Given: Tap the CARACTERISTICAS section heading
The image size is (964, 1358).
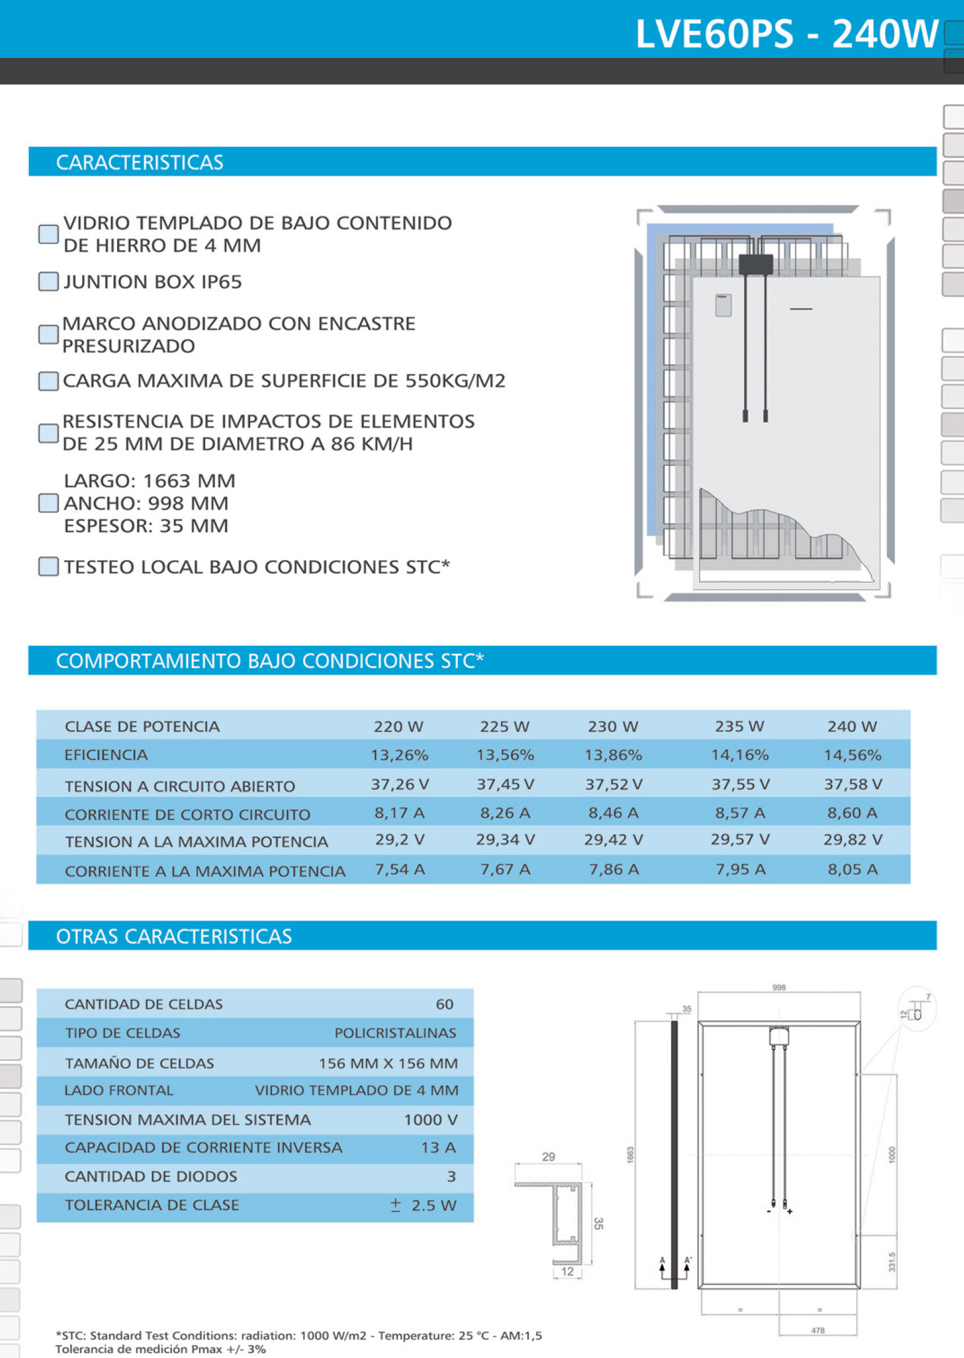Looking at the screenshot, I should point(139,162).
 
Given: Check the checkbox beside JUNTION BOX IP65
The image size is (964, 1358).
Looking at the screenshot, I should point(48,282).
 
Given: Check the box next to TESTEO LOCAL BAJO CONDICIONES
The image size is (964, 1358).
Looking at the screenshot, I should point(48,566).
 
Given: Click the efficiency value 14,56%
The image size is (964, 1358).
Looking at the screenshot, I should point(852,755).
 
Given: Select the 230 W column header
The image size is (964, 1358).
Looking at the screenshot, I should point(613,726).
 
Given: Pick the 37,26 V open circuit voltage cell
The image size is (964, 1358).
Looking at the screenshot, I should point(399,784).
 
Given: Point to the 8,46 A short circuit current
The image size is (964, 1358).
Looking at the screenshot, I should point(613,813).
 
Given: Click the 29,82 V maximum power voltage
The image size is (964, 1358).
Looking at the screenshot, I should point(852,840).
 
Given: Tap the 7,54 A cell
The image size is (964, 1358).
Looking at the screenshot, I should point(399,869).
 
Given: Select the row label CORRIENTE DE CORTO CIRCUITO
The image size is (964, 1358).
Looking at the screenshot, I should point(187,815).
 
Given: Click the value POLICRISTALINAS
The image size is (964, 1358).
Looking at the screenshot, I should point(395,1033).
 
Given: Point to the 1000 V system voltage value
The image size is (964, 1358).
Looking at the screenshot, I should point(430,1120).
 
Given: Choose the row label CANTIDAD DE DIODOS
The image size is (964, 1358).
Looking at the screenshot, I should point(151,1176).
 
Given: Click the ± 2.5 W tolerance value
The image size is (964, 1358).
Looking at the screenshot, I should point(424,1205).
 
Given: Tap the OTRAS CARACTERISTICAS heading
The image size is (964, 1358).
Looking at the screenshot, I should point(174,937).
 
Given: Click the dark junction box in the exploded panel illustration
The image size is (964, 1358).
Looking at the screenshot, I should point(756,264).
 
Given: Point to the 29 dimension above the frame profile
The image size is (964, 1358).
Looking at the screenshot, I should point(548,1157).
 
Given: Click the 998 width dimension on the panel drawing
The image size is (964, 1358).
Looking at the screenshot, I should point(778,988).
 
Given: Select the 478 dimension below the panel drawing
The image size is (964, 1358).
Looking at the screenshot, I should point(817,1330).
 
